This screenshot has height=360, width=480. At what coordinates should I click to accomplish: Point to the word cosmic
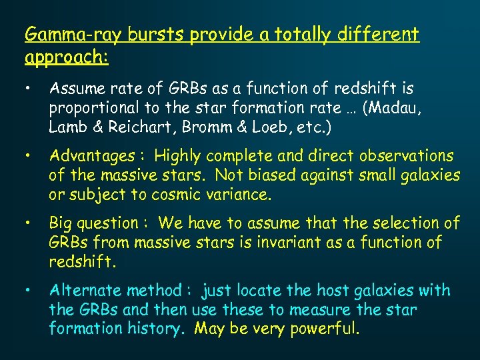pyautogui.click(x=175, y=195)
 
